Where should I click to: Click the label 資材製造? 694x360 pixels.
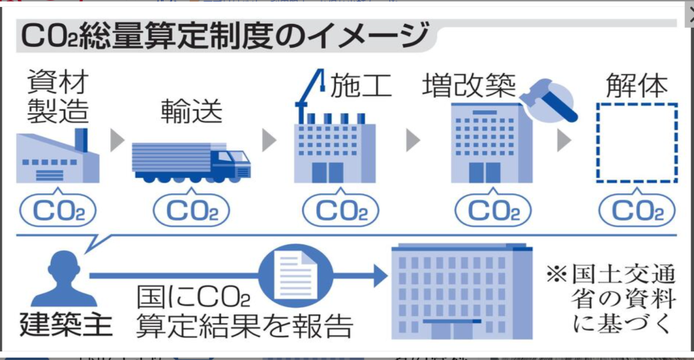(58, 96)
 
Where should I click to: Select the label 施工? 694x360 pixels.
(361, 85)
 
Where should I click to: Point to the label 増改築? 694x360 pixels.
(469, 85)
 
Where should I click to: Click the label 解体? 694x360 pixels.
(637, 85)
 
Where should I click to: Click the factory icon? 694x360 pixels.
(58, 156)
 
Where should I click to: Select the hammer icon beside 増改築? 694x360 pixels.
(550, 101)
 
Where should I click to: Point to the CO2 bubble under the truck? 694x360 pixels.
(191, 210)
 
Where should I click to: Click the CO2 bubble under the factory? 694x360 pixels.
(58, 210)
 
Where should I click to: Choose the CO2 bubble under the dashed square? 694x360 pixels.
(637, 210)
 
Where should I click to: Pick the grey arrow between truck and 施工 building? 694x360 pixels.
(268, 140)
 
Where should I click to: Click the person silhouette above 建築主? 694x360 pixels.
(64, 278)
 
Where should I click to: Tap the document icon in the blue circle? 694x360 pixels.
(295, 275)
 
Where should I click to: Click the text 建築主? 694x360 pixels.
(66, 325)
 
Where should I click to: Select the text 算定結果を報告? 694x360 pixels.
(244, 326)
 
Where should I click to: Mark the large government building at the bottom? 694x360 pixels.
(462, 291)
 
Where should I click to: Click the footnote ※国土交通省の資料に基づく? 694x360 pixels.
(611, 298)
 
